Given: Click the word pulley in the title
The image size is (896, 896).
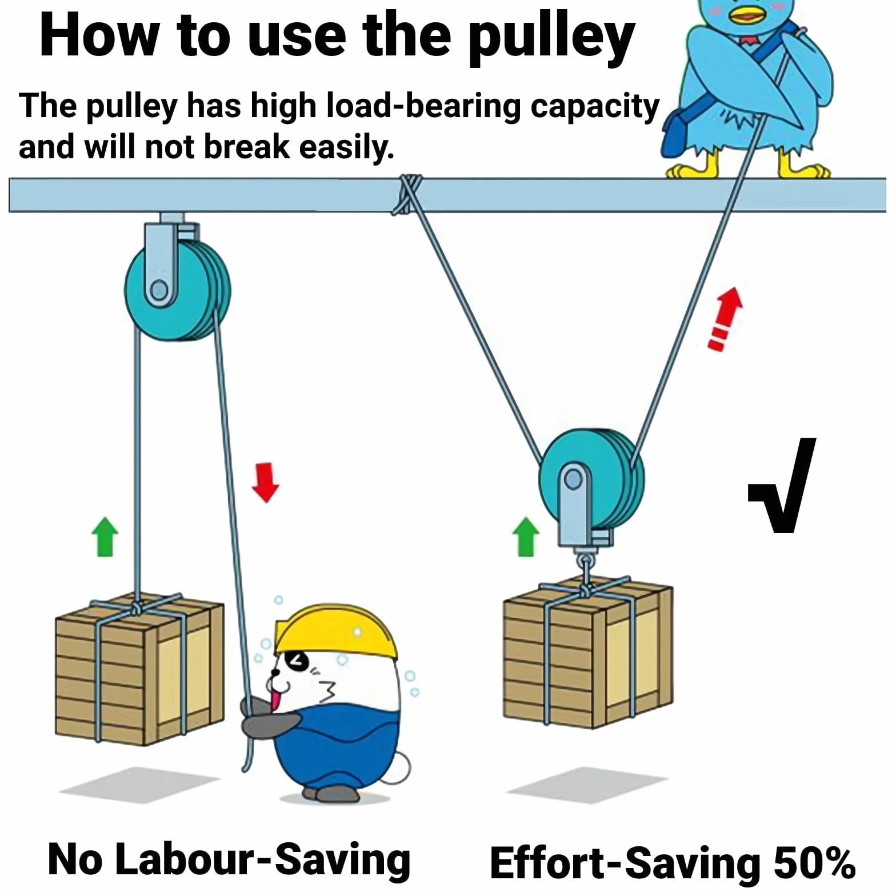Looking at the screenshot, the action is point(551,37).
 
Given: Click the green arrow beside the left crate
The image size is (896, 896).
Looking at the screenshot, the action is point(105,537).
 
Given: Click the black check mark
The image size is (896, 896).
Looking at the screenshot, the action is point(782,486).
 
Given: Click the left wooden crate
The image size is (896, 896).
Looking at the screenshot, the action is point(139,669).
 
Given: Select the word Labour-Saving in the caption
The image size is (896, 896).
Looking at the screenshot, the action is point(263,859).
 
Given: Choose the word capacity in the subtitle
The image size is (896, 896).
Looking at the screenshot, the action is point(595,107).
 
